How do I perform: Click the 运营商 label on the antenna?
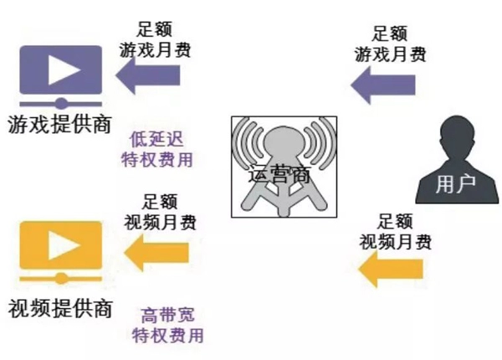pos(279,176)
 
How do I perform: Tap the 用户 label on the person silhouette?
pos(455,185)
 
